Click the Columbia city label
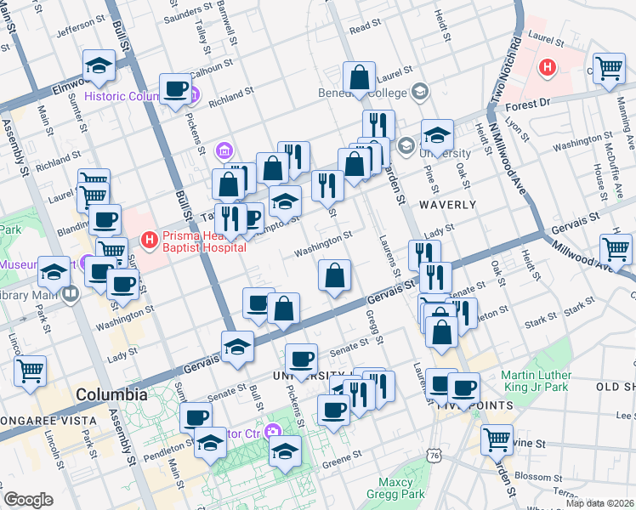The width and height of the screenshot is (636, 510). pyautogui.click(x=111, y=395)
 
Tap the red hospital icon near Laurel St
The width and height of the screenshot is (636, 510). pyautogui.click(x=548, y=65)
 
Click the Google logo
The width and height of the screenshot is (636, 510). pyautogui.click(x=28, y=500)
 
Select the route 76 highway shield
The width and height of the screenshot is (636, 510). pyautogui.click(x=434, y=456)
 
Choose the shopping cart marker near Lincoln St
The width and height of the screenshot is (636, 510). pyautogui.click(x=30, y=369)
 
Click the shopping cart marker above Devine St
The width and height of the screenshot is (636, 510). pyautogui.click(x=497, y=439)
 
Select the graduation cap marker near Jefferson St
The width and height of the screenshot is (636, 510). pyautogui.click(x=99, y=64)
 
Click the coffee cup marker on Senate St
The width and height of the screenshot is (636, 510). pyautogui.click(x=301, y=358)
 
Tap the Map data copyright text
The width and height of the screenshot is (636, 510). pyautogui.click(x=600, y=503)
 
